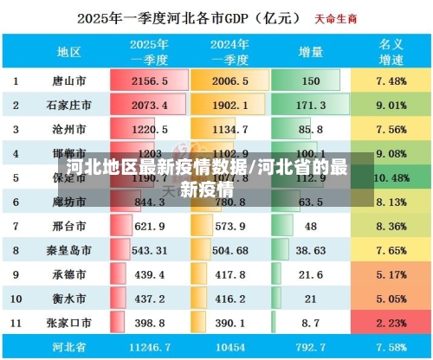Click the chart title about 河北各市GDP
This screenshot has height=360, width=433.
[x=190, y=17]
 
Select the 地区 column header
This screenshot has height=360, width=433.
[x=68, y=51]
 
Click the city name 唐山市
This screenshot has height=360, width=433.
[x=68, y=80]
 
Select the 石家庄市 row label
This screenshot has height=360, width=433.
[x=68, y=105]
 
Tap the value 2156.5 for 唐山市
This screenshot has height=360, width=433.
[x=149, y=80]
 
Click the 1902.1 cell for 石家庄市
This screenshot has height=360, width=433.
[x=229, y=105]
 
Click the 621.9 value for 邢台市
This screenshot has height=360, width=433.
[x=149, y=226]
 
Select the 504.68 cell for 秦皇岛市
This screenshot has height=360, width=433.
[x=229, y=250]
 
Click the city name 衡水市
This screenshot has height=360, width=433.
[x=68, y=299]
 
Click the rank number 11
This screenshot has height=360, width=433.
[x=16, y=323]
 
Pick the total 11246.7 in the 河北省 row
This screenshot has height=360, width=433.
[x=149, y=347]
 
